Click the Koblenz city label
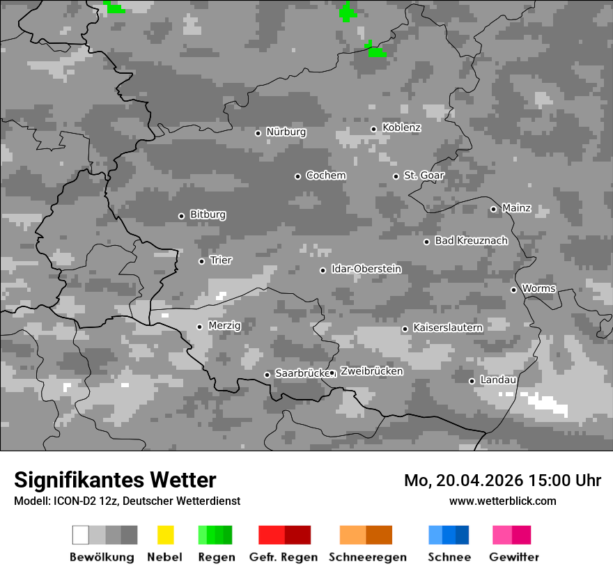coord(401,128)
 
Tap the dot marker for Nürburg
coord(258,133)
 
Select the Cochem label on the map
coord(326,175)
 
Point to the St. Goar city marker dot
coord(396,176)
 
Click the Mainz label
coord(516,208)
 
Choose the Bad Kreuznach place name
coord(471,241)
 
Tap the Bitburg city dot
coord(181,216)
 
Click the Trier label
coord(221,260)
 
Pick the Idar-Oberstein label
coord(366,270)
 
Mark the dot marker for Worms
coord(513,290)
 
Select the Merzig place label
coord(225,326)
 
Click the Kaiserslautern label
coord(448,327)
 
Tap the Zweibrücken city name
coord(371,372)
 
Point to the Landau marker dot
coord(472,381)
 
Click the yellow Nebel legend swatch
coord(165,535)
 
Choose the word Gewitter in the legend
coord(514,557)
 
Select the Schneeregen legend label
coord(368,557)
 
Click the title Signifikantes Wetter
coord(115,480)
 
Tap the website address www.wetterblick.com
coord(502,501)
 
